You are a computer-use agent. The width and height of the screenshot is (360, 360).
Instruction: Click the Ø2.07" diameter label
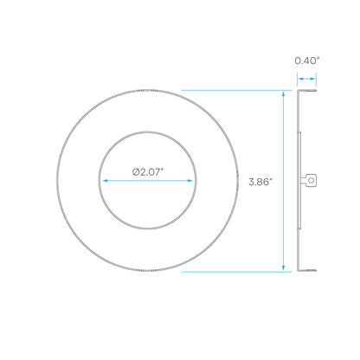click(148, 172)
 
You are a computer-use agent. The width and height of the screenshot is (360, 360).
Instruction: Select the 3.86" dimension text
click(260, 182)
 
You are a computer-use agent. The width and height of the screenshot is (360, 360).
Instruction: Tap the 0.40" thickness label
click(307, 61)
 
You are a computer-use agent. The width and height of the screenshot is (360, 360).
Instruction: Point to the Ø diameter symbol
click(136, 172)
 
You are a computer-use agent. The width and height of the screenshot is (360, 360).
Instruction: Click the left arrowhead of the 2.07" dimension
click(106, 181)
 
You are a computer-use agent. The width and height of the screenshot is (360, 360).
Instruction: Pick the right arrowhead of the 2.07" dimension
click(190, 181)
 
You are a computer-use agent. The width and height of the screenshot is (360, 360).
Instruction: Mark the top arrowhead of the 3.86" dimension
click(283, 94)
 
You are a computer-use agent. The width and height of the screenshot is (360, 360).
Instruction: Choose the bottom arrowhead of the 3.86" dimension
click(283, 267)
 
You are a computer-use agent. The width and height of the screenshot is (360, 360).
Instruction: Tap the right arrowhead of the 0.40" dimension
click(312, 79)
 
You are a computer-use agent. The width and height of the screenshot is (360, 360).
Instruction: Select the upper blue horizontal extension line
click(236, 90)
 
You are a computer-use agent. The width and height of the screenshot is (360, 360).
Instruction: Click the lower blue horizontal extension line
click(236, 272)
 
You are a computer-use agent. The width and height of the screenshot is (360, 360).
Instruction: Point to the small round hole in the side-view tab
click(311, 180)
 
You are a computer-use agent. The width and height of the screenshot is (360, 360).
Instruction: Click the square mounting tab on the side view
click(311, 180)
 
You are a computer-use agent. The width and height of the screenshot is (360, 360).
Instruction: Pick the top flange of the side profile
click(307, 91)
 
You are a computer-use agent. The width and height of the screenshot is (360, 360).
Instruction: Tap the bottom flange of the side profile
click(307, 270)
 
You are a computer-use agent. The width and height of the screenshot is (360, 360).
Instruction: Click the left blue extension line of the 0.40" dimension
click(298, 80)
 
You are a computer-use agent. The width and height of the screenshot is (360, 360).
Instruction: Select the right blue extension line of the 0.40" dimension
click(316, 80)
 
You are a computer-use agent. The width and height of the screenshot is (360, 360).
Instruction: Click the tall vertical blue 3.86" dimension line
click(283, 181)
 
